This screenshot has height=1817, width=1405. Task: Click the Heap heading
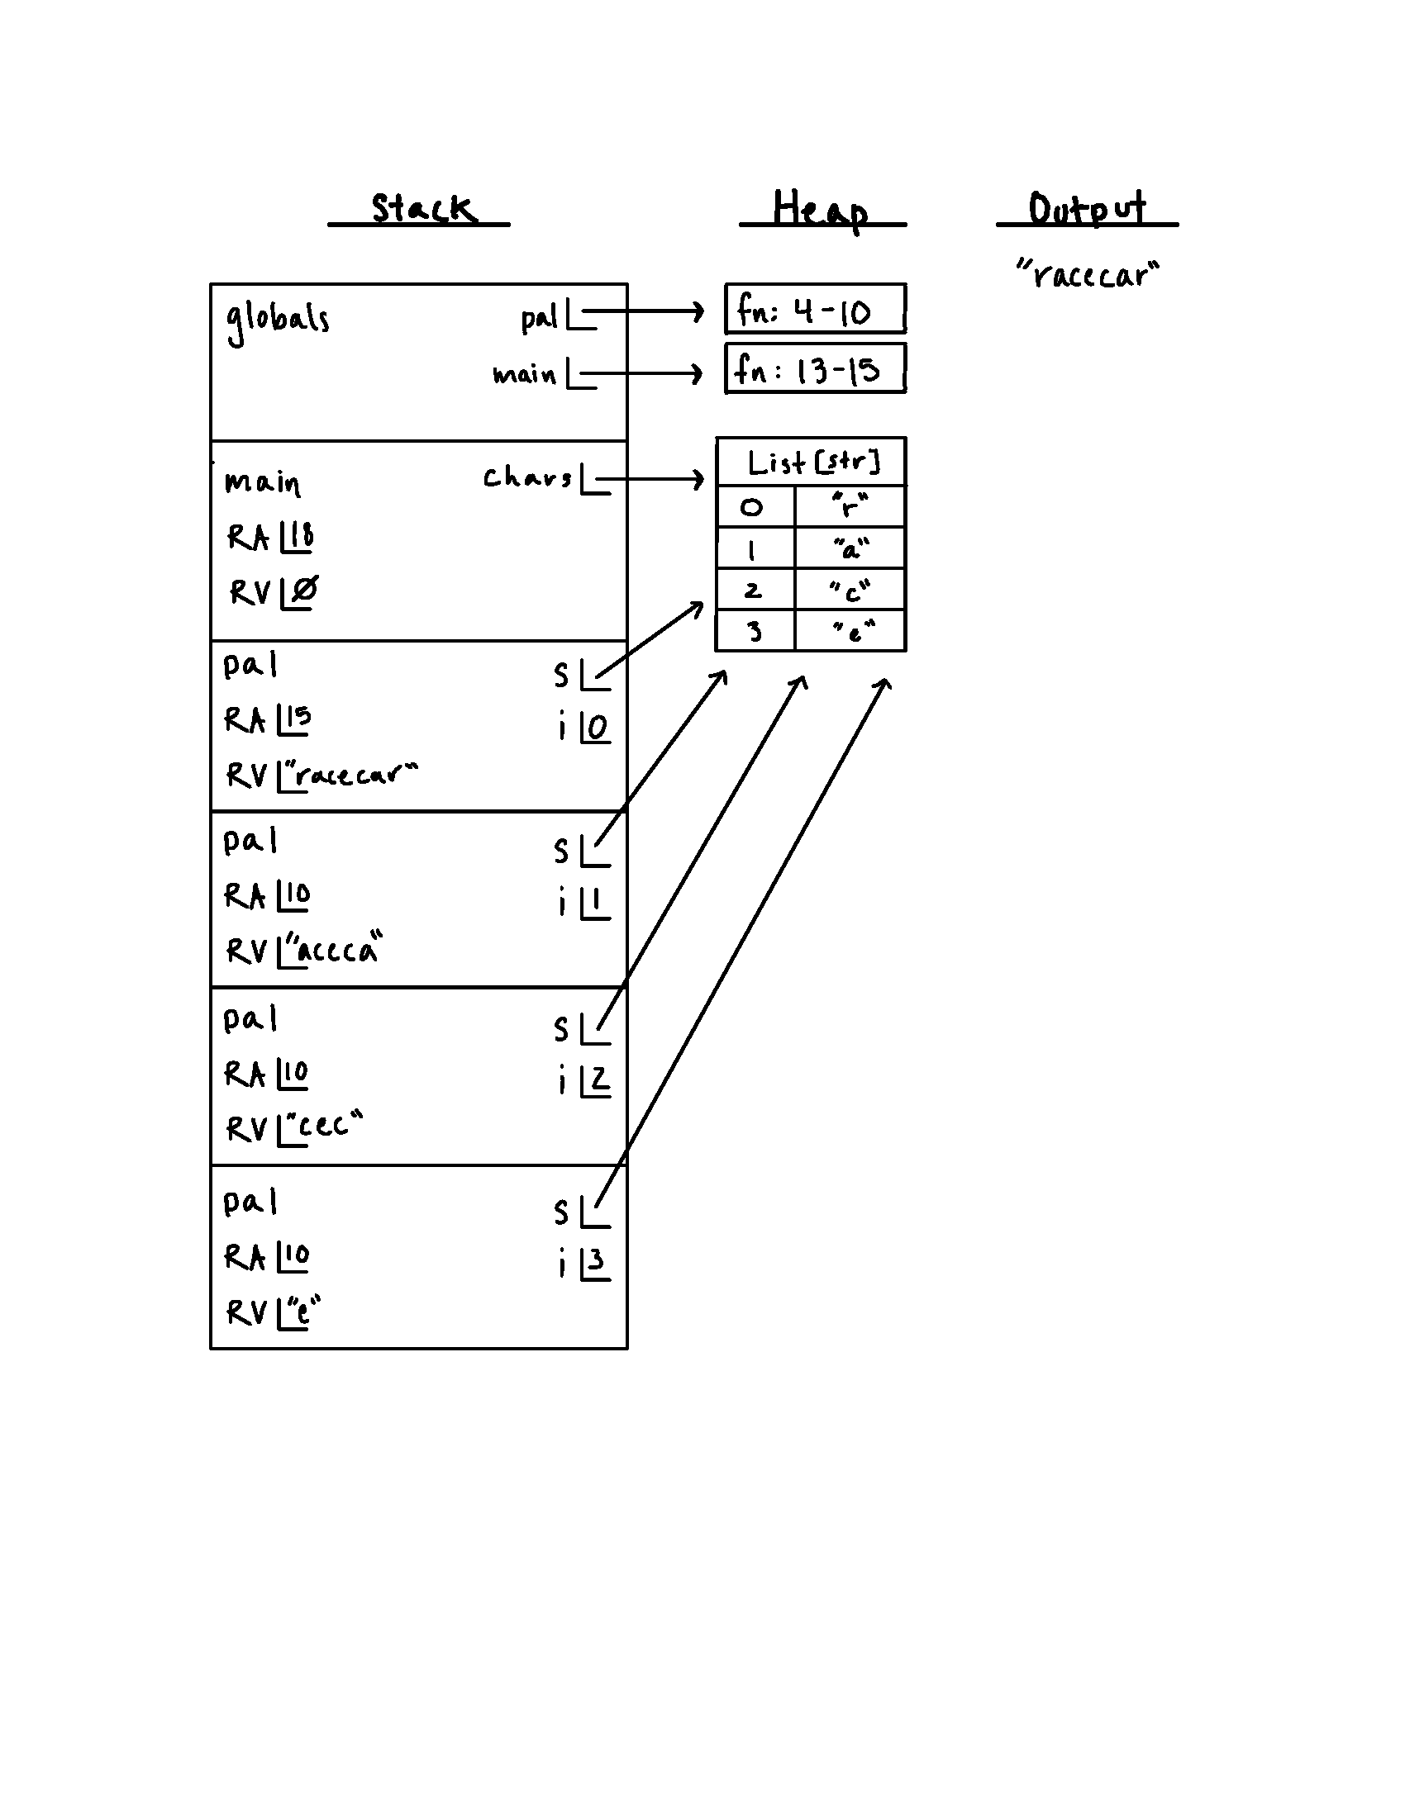(x=820, y=209)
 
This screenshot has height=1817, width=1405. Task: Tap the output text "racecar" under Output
(x=1087, y=273)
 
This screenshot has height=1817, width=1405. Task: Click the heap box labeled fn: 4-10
(x=815, y=310)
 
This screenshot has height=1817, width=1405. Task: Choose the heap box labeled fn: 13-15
(x=815, y=368)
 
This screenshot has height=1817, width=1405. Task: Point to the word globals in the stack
(x=277, y=319)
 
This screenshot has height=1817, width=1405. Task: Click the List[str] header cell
(x=812, y=462)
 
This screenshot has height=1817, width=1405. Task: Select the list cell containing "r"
(x=850, y=505)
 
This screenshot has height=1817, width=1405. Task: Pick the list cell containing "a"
(x=850, y=548)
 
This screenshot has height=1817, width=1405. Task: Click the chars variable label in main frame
(x=527, y=477)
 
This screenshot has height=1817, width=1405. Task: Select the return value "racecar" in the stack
(x=354, y=775)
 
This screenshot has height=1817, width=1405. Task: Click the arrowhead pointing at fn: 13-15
(x=697, y=373)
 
